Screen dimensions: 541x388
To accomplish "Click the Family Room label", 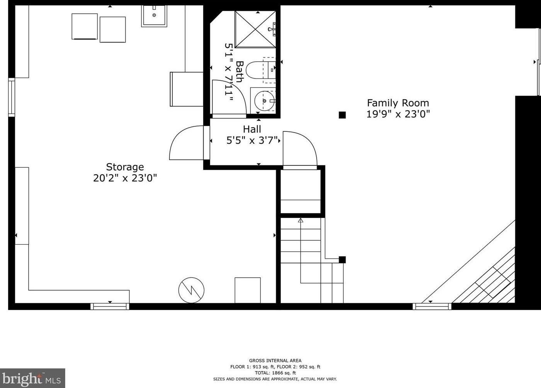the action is pyautogui.click(x=398, y=103).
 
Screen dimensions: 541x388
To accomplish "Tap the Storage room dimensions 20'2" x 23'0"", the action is pyautogui.click(x=125, y=179).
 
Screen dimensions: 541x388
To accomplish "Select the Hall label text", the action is pyautogui.click(x=252, y=129).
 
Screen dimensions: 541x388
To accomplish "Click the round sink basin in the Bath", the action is pyautogui.click(x=265, y=101).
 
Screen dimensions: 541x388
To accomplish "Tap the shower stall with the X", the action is pyautogui.click(x=255, y=29).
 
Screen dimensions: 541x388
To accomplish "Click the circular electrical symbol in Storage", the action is pyautogui.click(x=191, y=290).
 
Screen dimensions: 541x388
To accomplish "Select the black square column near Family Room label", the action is pyautogui.click(x=342, y=115).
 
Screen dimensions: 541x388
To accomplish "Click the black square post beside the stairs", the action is pyautogui.click(x=342, y=260).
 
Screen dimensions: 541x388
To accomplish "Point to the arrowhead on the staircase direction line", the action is pyautogui.click(x=300, y=220).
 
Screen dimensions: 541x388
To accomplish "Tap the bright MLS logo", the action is pyautogui.click(x=32, y=378).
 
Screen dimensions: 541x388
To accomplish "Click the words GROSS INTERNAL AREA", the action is pyautogui.click(x=275, y=361).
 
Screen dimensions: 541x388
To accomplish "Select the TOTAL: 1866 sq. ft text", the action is pyautogui.click(x=275, y=373).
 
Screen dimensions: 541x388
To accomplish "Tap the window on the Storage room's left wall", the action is pyautogui.click(x=12, y=97).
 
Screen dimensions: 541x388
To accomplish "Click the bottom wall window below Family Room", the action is pyautogui.click(x=432, y=306).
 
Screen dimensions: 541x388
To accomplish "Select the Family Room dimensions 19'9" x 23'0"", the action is pyautogui.click(x=398, y=114).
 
